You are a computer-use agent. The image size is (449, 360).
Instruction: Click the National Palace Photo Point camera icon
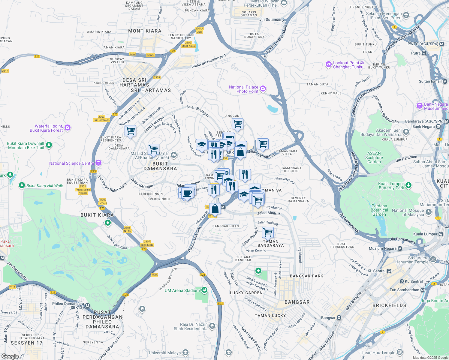pyautogui.click(x=263, y=88)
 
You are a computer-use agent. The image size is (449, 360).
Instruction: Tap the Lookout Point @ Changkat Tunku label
pyautogui.click(x=348, y=65)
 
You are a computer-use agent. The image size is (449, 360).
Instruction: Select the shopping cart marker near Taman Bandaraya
pyautogui.click(x=268, y=232)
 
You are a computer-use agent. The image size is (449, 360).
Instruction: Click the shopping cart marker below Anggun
pyautogui.click(x=237, y=123)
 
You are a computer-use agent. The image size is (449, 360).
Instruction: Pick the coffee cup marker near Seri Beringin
pyautogui.click(x=187, y=193)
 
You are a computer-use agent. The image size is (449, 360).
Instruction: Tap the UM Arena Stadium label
pyautogui.click(x=182, y=290)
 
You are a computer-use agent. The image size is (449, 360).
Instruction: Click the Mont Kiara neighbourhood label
pyautogui.click(x=145, y=31)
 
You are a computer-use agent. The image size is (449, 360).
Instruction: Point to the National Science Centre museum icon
pyautogui.click(x=98, y=163)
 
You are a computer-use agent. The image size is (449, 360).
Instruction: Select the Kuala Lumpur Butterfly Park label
pyautogui.click(x=391, y=186)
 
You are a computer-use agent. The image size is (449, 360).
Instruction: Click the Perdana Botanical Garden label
pyautogui.click(x=379, y=210)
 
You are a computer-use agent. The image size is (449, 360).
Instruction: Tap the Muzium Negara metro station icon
pyautogui.click(x=400, y=248)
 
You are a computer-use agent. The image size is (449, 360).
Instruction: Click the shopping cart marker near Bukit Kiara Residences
pyautogui.click(x=131, y=130)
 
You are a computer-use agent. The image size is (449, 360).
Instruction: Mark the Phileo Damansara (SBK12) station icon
pyautogui.click(x=87, y=306)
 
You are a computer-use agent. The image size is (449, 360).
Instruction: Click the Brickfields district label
pyautogui.click(x=389, y=305)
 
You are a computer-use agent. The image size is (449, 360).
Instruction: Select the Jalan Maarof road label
pyautogui.click(x=269, y=213)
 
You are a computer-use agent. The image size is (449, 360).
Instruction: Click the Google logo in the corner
pyautogui.click(x=10, y=356)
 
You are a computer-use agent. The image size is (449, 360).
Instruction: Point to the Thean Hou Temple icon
pyautogui.click(x=399, y=352)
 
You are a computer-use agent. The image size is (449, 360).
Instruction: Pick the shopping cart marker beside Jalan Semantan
pyautogui.click(x=263, y=144)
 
